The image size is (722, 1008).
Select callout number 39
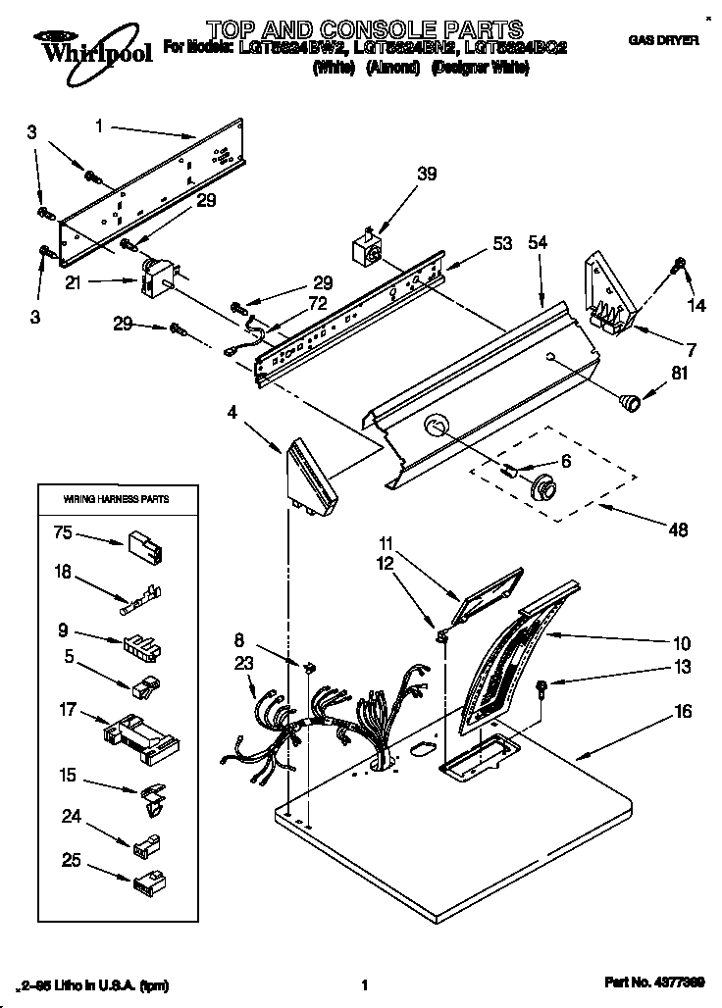(398, 174)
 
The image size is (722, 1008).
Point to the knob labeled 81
(628, 399)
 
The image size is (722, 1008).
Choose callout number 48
(677, 530)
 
